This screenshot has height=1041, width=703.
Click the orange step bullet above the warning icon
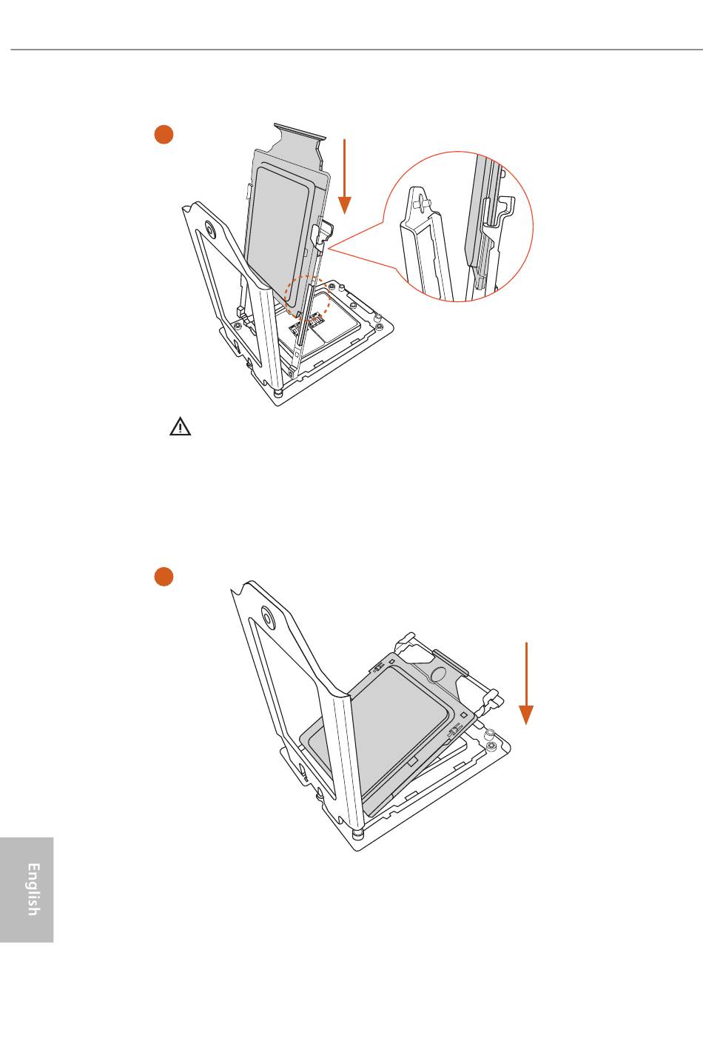coord(164,134)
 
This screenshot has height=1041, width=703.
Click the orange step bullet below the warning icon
coord(164,576)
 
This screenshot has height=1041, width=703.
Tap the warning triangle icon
coord(180,426)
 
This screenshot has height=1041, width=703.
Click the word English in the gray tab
coord(33,889)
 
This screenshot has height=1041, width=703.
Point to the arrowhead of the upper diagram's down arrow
coord(344,205)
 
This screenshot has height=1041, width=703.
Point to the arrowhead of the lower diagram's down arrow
coord(525,715)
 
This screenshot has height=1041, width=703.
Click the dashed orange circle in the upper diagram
coord(307,298)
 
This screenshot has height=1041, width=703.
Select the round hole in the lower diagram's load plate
coord(268,616)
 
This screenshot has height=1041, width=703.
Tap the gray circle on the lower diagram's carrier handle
coord(438,675)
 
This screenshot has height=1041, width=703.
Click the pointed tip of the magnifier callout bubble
coord(329,249)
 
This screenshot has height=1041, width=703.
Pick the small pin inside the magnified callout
coord(423,201)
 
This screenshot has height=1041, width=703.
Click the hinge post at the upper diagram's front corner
coord(278,393)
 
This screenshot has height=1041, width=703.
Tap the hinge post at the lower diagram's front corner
coord(357,834)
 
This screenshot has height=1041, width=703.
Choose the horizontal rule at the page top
coord(357,50)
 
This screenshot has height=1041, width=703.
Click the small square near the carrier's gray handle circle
coord(464,714)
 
